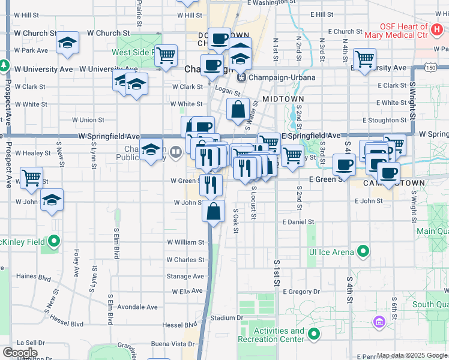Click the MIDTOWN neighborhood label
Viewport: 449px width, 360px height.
pos(283,98)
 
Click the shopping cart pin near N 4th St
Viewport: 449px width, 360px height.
pos(364,59)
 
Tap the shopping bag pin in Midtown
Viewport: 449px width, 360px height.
pos(238,109)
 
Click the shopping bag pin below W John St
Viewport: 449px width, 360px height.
pos(214,211)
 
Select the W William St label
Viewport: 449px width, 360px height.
pos(186,242)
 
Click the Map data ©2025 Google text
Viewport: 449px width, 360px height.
pos(412,355)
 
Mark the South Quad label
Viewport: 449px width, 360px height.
pos(431,305)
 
